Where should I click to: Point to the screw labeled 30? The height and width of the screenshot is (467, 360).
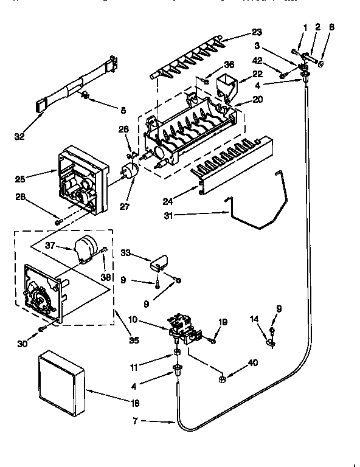click(x=42, y=328)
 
